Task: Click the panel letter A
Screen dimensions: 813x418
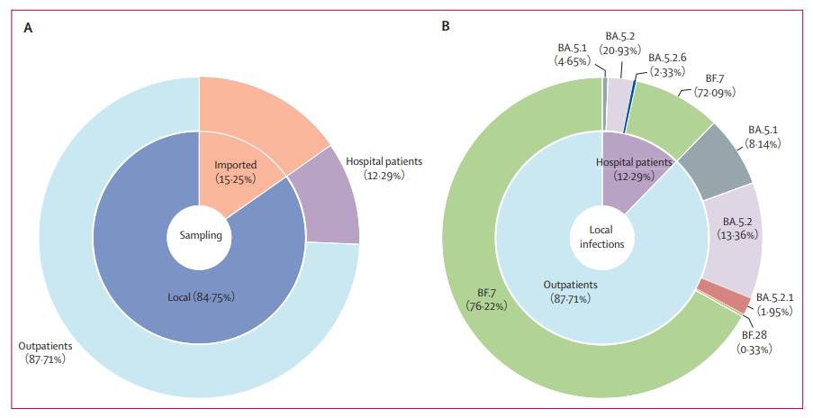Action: (28, 28)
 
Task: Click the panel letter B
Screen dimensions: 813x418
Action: (446, 26)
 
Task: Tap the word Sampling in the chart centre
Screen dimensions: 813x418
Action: (201, 235)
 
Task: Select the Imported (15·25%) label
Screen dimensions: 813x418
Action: (235, 172)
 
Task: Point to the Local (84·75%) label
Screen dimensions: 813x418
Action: (201, 297)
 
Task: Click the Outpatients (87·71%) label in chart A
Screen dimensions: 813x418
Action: (46, 352)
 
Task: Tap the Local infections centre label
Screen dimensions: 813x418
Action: (601, 237)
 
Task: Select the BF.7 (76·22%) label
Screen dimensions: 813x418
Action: (486, 299)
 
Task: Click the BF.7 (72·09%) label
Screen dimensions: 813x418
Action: (715, 86)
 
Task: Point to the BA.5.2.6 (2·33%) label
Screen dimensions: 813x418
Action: (667, 64)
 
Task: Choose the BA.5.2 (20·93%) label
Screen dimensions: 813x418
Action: (619, 43)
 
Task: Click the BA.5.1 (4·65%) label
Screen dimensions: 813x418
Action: (573, 54)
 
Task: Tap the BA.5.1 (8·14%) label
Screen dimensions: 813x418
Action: (763, 136)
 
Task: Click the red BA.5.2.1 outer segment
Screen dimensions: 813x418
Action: (725, 295)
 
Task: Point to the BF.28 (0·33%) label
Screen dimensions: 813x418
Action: (754, 341)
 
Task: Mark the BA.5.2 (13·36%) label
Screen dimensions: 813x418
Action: (737, 228)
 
